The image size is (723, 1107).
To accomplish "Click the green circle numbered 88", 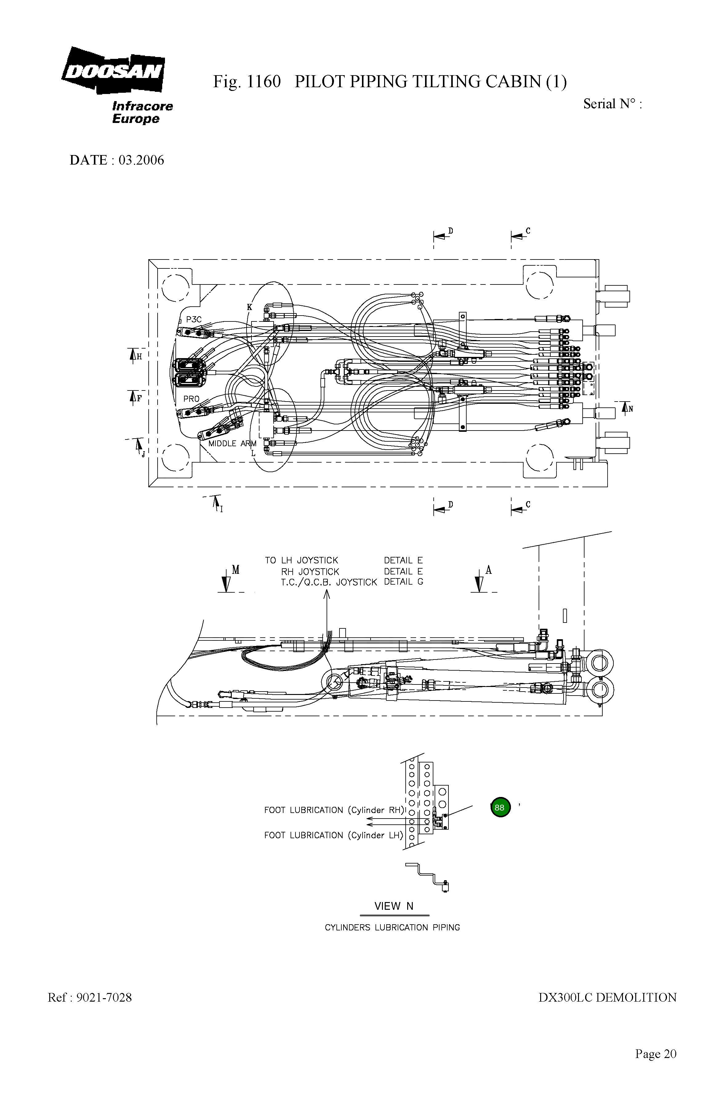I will coord(500,807).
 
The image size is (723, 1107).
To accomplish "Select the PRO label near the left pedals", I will coord(191,398).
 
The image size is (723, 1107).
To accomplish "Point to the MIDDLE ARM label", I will coord(232,443).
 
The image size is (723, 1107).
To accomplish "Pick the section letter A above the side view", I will coord(488,570).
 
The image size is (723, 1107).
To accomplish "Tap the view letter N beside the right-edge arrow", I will coord(631,409).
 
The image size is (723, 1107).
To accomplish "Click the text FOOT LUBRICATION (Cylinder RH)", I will coord(334,810).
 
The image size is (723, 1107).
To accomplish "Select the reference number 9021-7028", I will coord(104,997).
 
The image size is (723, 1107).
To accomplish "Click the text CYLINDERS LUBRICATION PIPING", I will coord(392,927).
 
